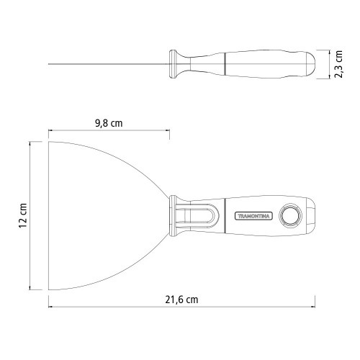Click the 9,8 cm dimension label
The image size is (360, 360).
[x=109, y=123]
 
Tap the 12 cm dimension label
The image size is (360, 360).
[x=22, y=215]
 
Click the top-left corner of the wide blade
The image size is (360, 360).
[x=50, y=141]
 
